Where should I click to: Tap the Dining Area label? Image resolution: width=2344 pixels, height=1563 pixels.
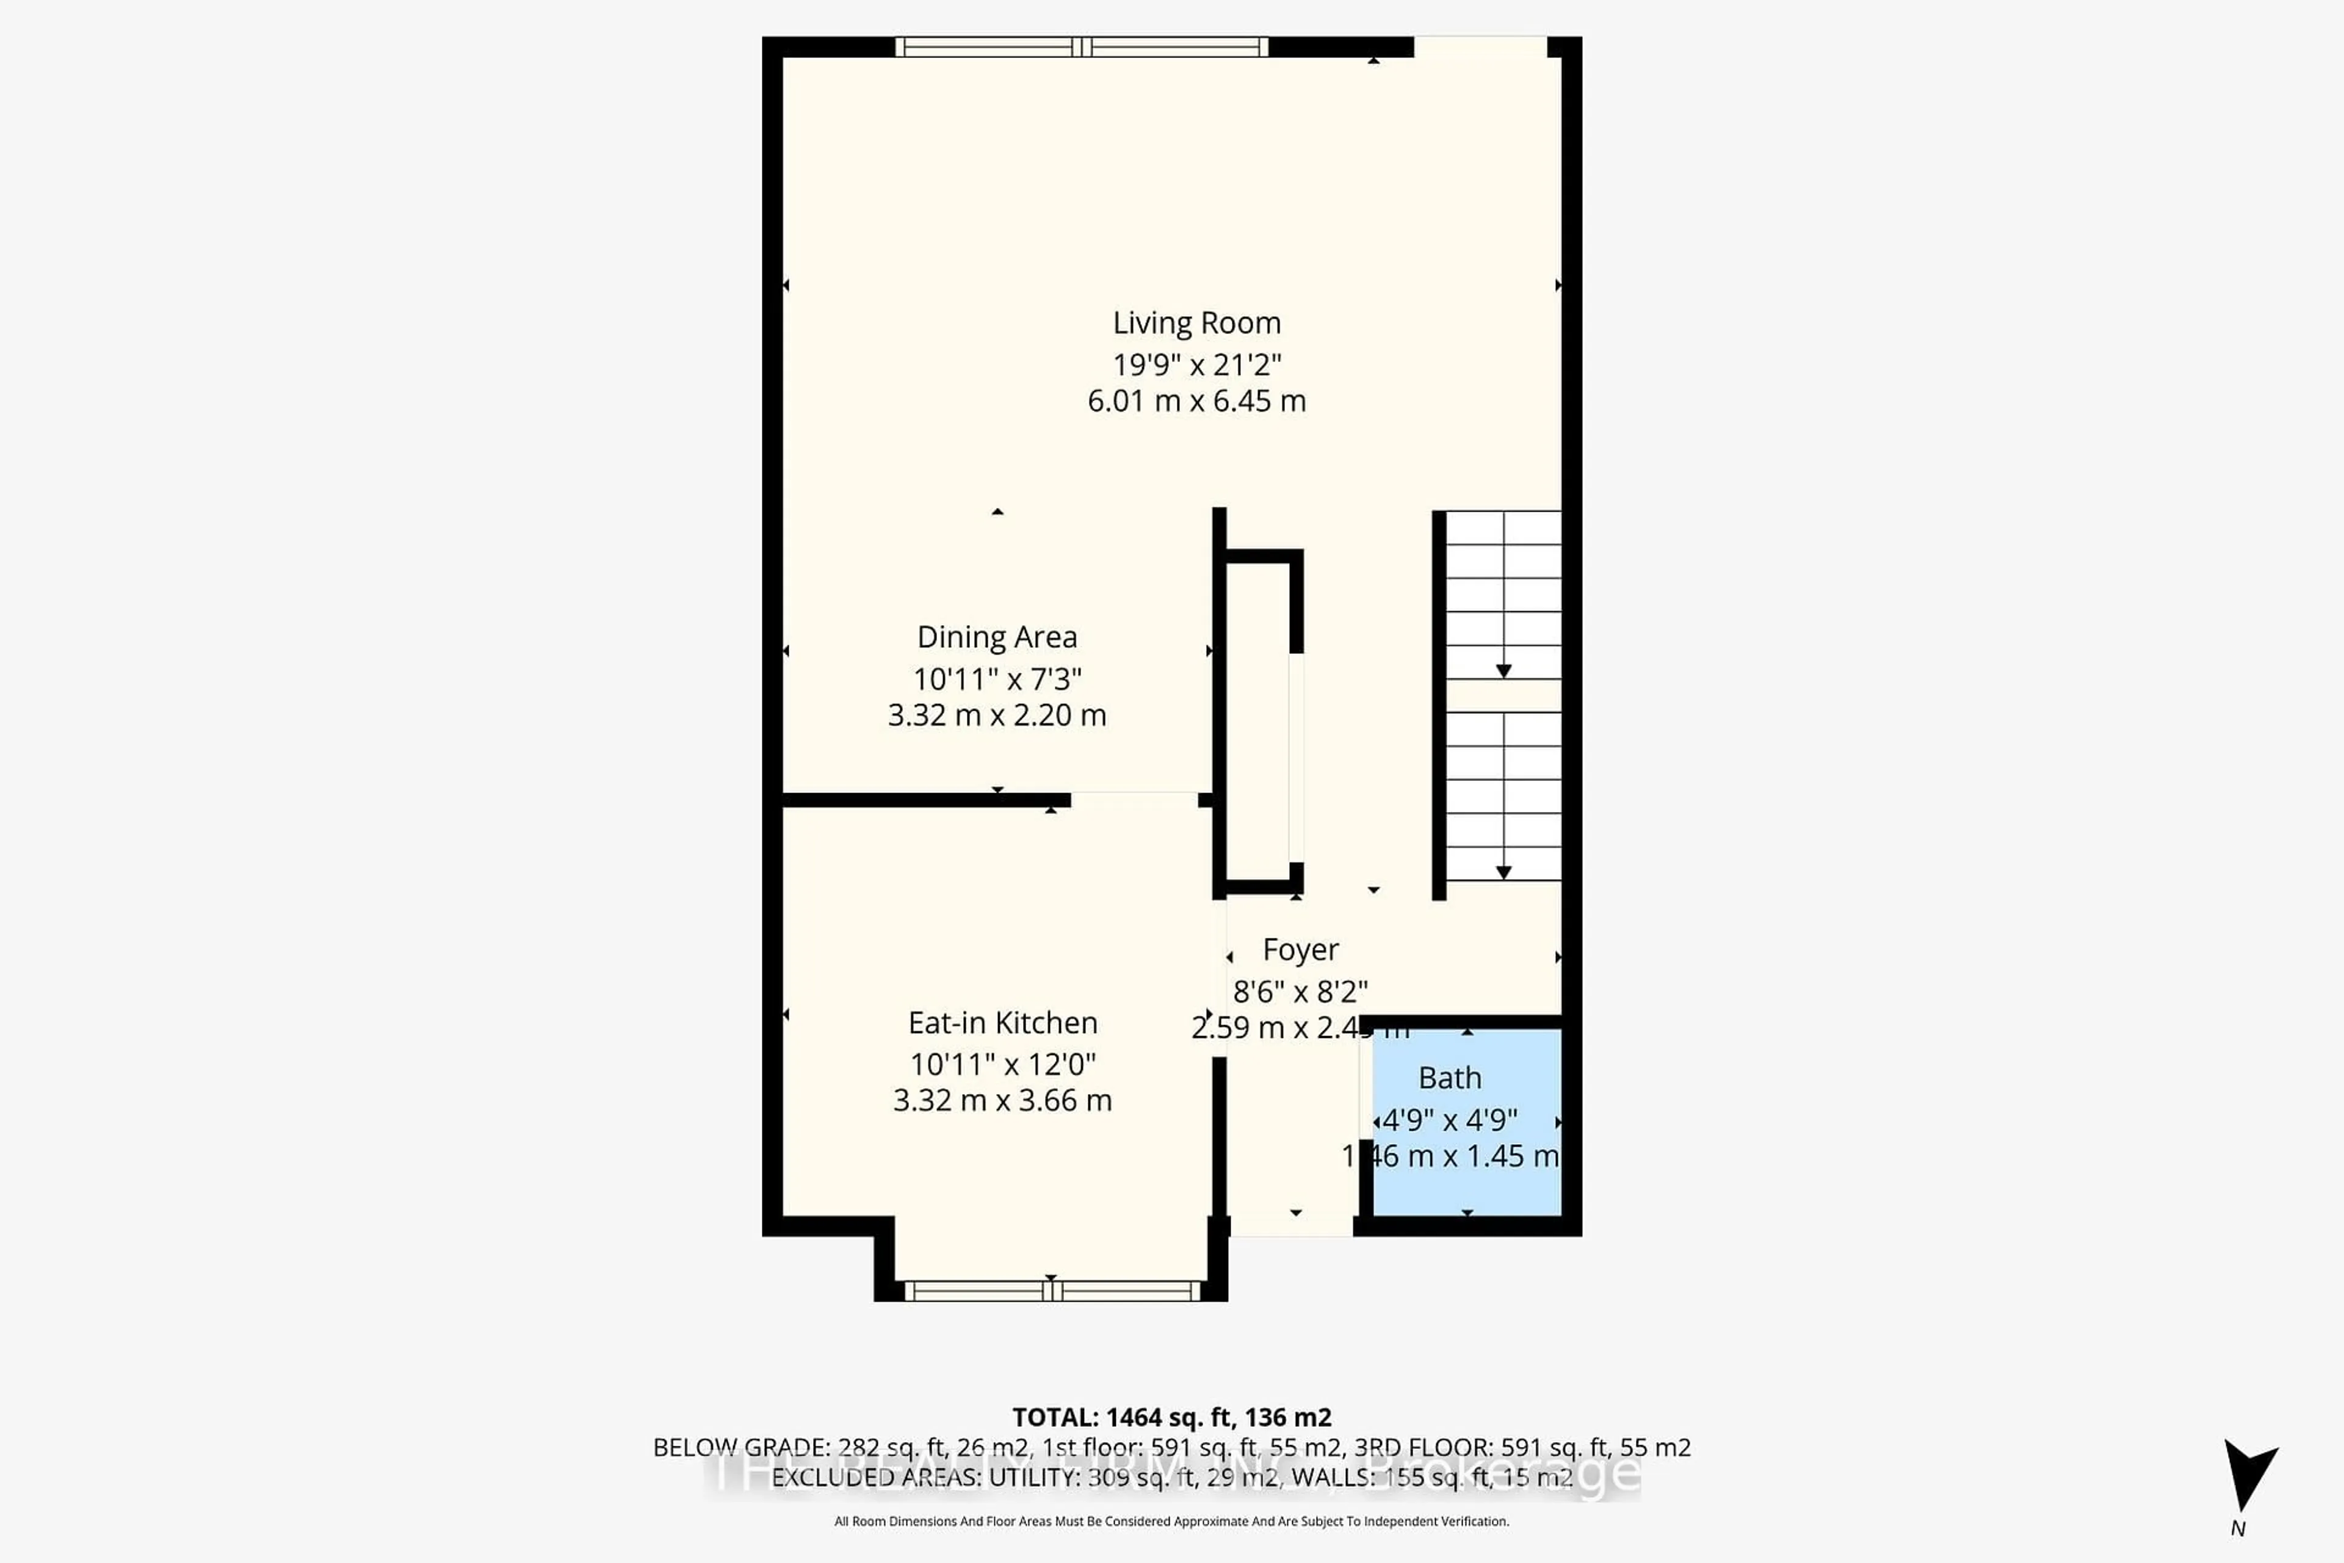(997, 637)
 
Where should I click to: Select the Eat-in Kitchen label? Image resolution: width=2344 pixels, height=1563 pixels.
(1002, 1023)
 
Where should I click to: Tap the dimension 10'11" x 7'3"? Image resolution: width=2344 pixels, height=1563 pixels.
(997, 680)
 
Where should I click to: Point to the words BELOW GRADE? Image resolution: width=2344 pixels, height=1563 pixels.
(739, 1448)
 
